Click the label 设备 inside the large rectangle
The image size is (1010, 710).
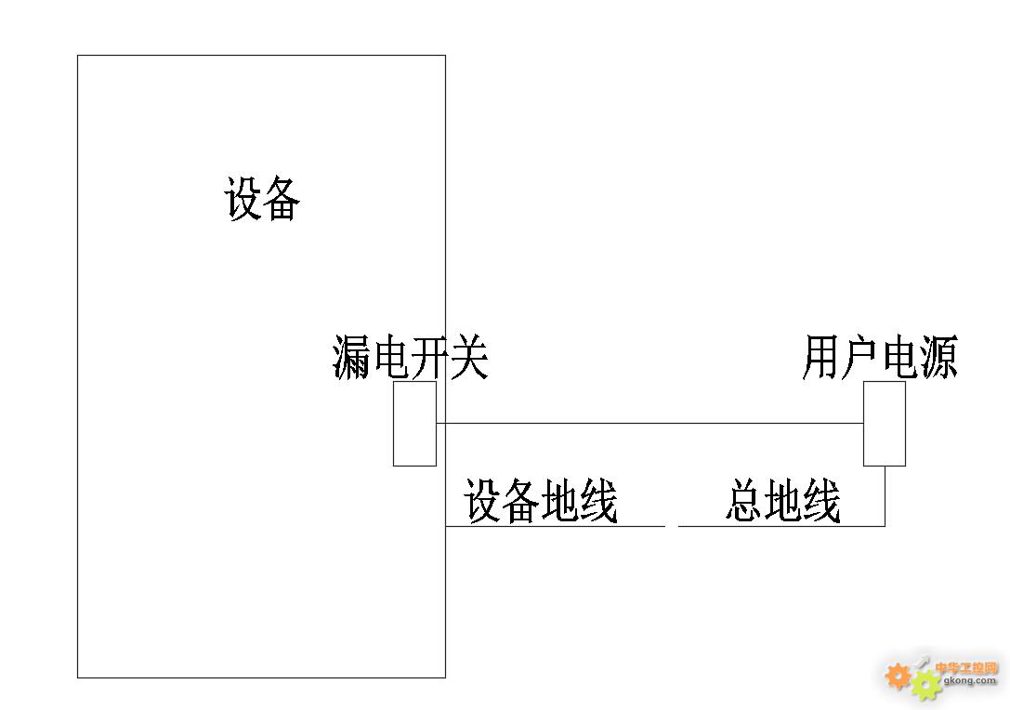(x=262, y=199)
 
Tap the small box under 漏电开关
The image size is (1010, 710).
(x=414, y=424)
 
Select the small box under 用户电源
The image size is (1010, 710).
(x=885, y=424)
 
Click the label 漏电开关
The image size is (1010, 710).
(x=410, y=359)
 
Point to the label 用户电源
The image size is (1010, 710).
(x=879, y=359)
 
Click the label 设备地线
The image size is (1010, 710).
(x=541, y=502)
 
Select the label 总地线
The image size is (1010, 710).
(x=782, y=502)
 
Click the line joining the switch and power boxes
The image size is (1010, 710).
(x=650, y=423)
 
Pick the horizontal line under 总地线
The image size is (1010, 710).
(x=780, y=526)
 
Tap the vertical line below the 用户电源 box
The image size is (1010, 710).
(x=885, y=495)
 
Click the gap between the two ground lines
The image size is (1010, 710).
(x=672, y=526)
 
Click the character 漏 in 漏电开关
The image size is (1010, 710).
(x=352, y=359)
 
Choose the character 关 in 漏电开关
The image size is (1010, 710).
(x=469, y=359)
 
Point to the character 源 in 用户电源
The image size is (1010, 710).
(x=938, y=359)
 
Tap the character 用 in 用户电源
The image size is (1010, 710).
(x=821, y=359)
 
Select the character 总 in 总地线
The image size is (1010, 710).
(x=744, y=502)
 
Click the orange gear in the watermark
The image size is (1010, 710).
(x=898, y=676)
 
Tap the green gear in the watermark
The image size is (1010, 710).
(x=925, y=685)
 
